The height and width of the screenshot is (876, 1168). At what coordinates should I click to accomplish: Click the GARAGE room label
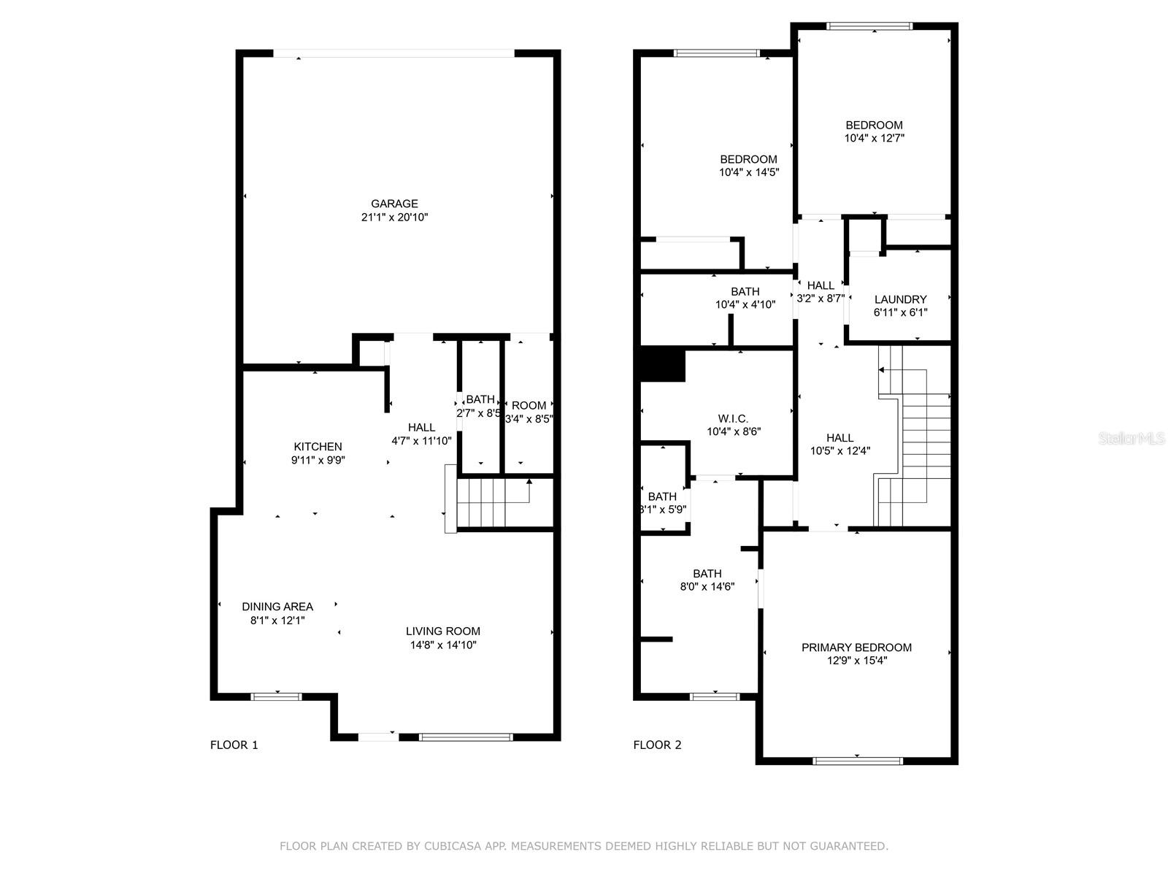(x=394, y=204)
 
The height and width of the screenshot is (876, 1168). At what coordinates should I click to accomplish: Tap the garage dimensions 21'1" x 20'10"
(x=394, y=217)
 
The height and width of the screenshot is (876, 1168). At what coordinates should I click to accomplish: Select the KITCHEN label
(x=318, y=447)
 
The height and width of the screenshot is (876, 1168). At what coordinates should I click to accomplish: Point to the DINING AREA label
(x=277, y=607)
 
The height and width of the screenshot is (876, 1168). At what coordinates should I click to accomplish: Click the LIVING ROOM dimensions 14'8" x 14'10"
(x=442, y=645)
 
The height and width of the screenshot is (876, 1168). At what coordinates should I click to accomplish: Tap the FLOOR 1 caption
(x=234, y=745)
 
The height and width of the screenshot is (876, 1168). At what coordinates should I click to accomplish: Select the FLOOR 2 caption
(x=657, y=745)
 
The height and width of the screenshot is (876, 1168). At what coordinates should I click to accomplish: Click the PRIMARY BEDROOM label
(x=857, y=648)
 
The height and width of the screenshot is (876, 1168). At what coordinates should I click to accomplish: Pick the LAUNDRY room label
(x=900, y=300)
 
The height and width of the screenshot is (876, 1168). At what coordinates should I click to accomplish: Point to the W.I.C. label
(x=733, y=419)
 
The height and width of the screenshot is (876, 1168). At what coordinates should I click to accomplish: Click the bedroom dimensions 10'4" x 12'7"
(x=875, y=138)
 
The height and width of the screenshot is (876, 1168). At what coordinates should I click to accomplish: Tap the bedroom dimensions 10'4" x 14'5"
(x=749, y=172)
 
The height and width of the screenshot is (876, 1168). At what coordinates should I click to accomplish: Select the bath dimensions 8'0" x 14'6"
(x=707, y=587)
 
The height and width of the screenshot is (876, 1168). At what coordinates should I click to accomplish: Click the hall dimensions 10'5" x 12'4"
(x=840, y=451)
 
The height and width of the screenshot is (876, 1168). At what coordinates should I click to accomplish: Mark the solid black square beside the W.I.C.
(x=663, y=364)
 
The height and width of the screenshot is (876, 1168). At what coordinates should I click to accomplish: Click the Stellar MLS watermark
(x=1131, y=439)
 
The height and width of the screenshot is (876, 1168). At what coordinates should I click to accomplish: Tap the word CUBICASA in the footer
(x=453, y=846)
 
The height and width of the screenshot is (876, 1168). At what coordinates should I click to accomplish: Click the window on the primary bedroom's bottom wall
(x=858, y=761)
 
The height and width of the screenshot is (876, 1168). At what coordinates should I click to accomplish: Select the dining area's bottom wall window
(x=277, y=696)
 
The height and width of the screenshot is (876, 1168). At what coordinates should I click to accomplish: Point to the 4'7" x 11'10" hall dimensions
(x=421, y=441)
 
